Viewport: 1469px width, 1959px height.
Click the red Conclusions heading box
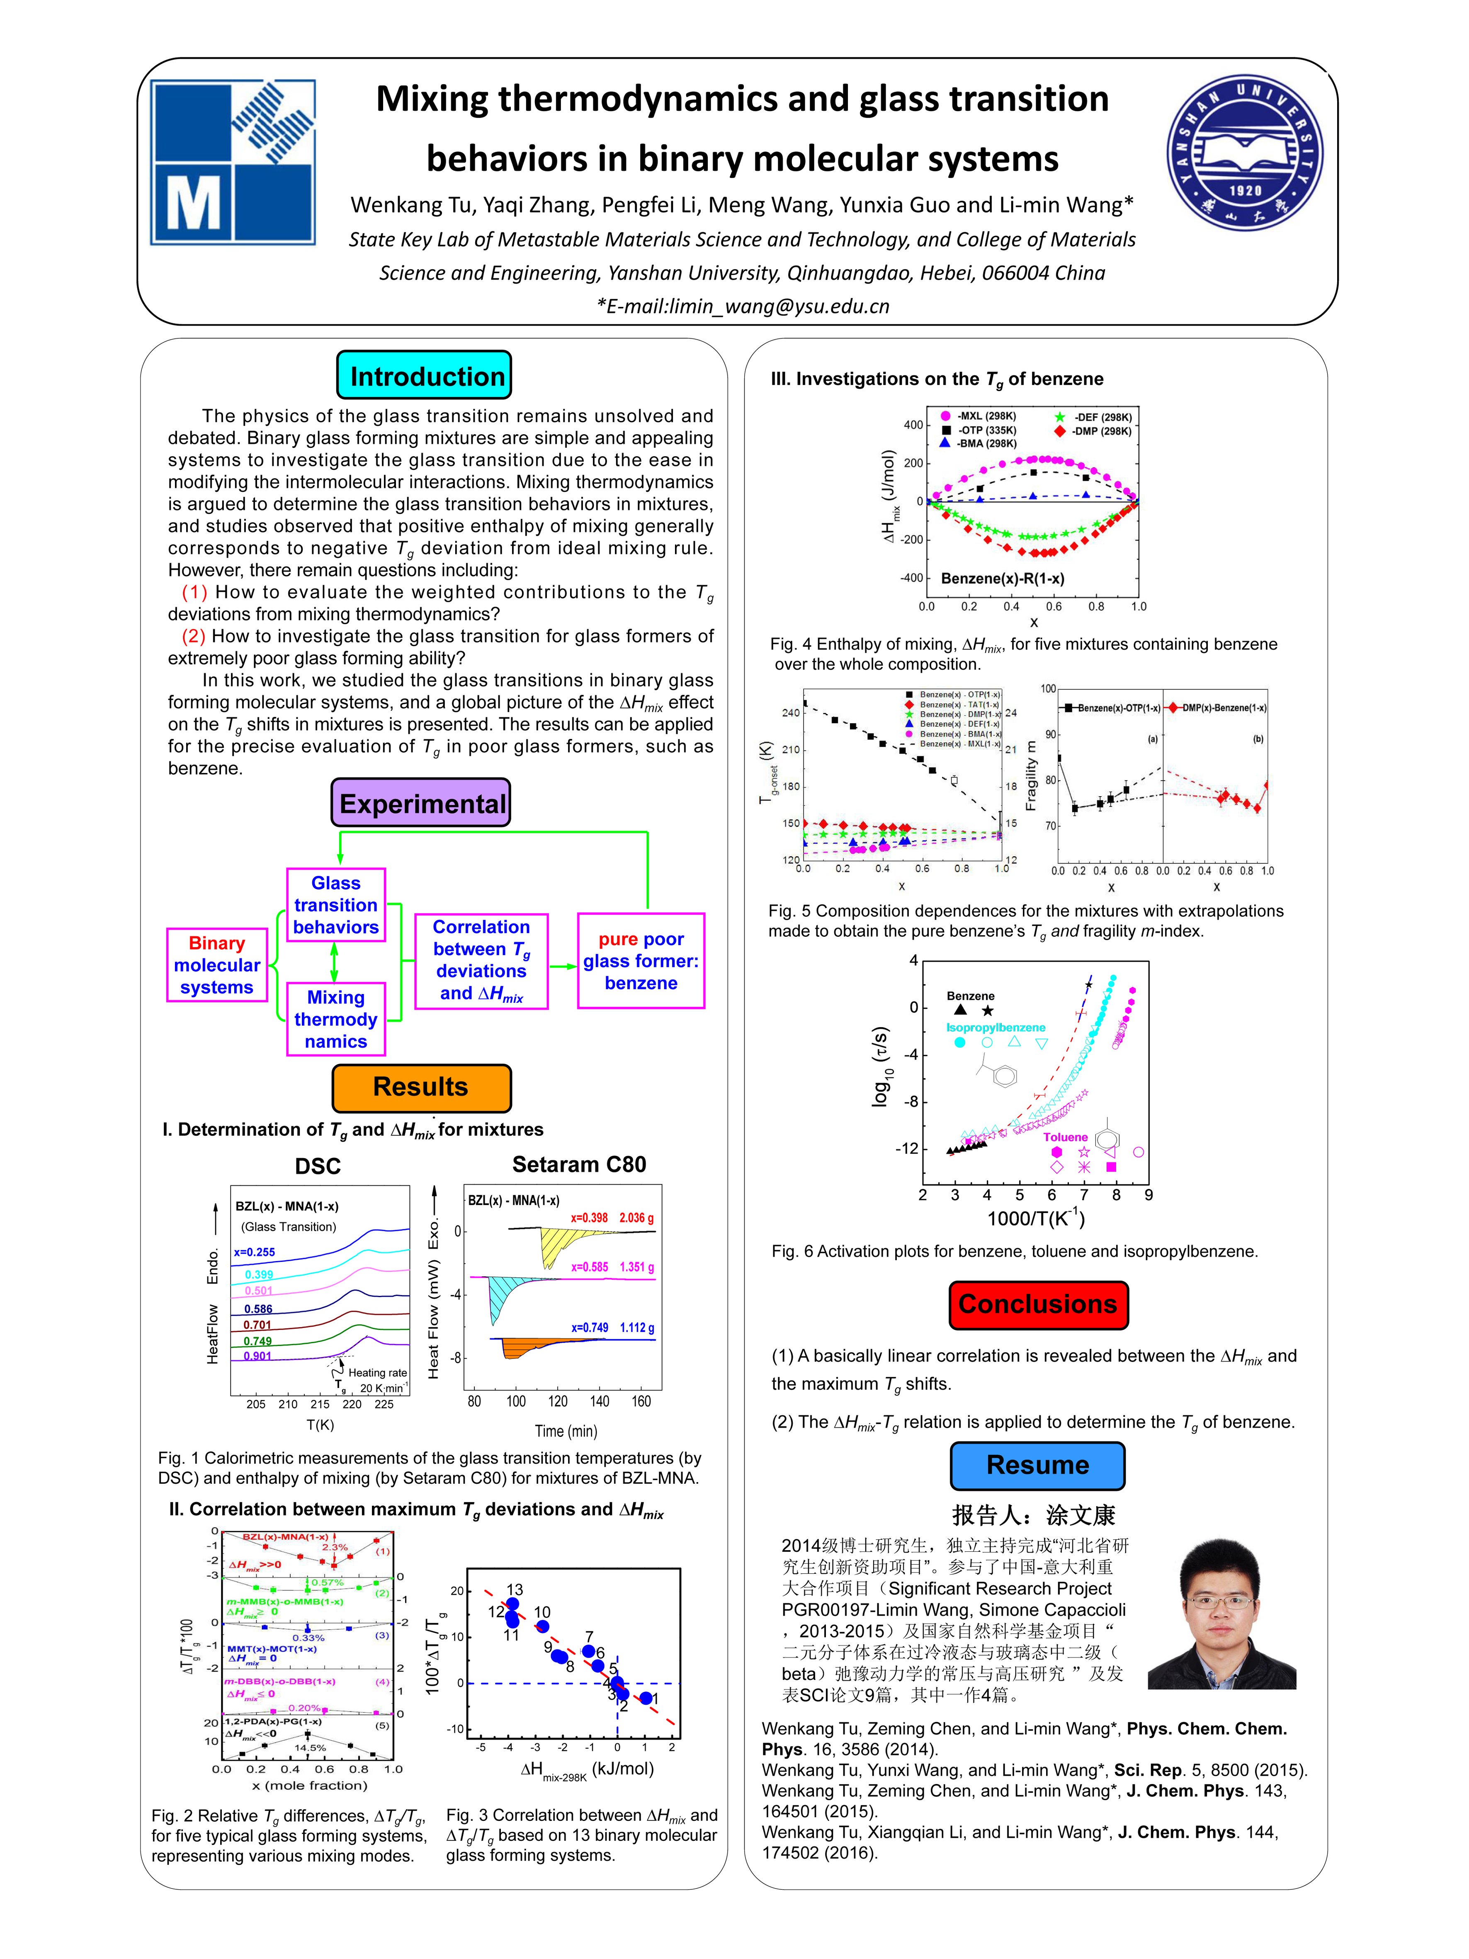(1038, 1305)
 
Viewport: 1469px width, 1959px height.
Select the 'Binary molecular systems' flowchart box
(217, 965)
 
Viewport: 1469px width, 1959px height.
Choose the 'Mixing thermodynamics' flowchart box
(335, 1019)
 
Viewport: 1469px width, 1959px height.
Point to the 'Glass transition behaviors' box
(335, 905)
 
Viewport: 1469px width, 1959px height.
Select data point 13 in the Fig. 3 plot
(512, 1603)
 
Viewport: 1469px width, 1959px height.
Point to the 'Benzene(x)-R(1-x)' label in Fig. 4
(1003, 578)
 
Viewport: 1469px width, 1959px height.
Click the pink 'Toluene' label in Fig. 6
(1065, 1137)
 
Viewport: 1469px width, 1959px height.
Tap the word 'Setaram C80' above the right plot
(579, 1164)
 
